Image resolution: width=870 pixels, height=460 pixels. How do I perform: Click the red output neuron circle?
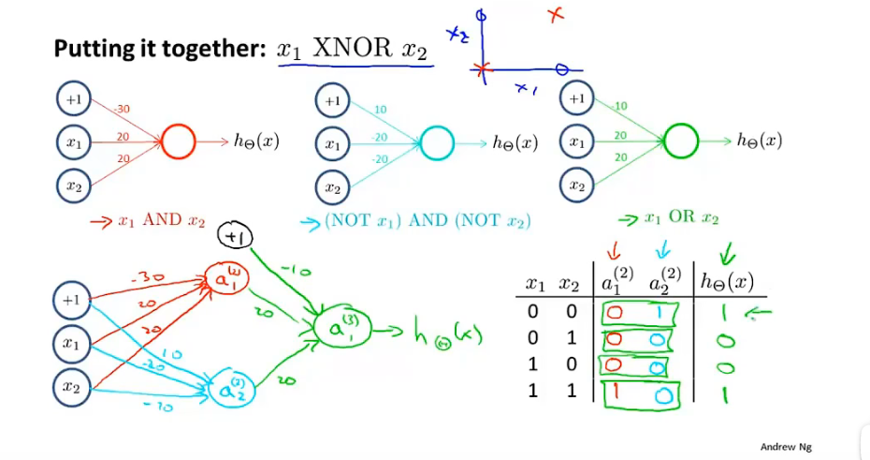pyautogui.click(x=178, y=142)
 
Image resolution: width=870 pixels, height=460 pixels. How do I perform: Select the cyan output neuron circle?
pyautogui.click(x=436, y=142)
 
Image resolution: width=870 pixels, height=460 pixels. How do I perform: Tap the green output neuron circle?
pyautogui.click(x=682, y=142)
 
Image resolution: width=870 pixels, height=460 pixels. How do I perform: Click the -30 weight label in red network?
pyautogui.click(x=122, y=109)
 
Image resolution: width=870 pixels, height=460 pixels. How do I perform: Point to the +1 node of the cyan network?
pyautogui.click(x=332, y=98)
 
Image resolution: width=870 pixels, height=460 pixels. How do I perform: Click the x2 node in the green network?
pyautogui.click(x=577, y=185)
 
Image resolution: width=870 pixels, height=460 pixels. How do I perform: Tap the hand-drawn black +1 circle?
pyautogui.click(x=235, y=239)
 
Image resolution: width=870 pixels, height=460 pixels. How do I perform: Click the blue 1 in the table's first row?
pyautogui.click(x=661, y=311)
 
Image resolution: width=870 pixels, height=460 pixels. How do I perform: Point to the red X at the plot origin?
pyautogui.click(x=483, y=68)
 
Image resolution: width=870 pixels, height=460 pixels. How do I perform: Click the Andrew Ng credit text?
pyautogui.click(x=786, y=447)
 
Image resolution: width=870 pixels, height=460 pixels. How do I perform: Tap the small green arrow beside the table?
pyautogui.click(x=761, y=316)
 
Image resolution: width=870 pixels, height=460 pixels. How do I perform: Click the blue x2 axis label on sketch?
pyautogui.click(x=457, y=35)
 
